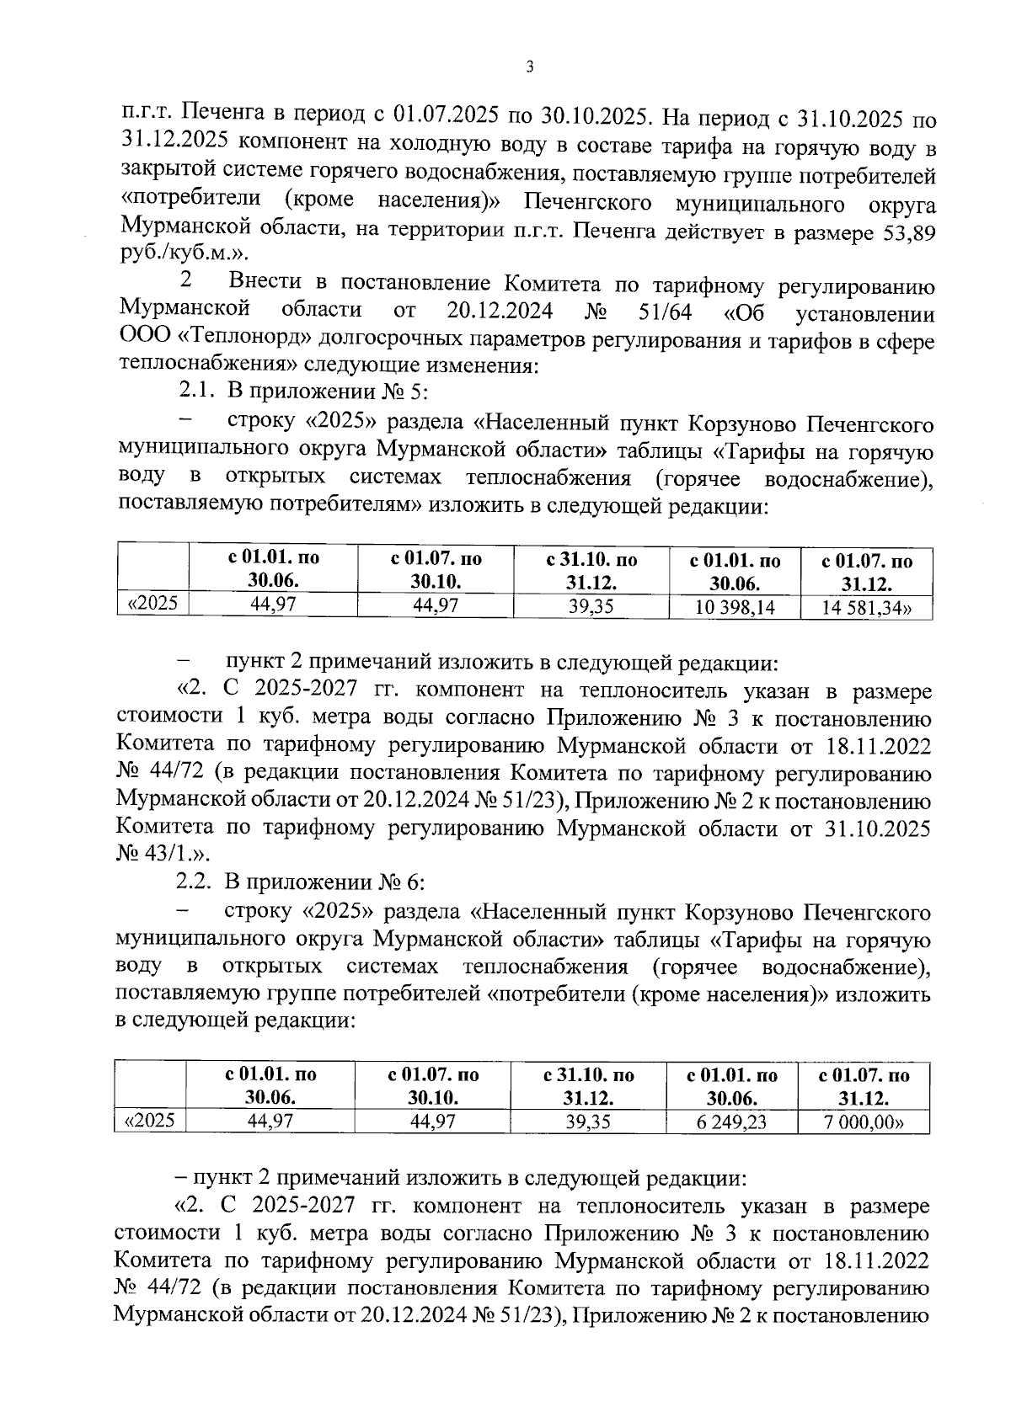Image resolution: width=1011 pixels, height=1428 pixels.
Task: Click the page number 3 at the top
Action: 529,68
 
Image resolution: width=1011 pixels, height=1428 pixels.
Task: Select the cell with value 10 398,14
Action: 735,607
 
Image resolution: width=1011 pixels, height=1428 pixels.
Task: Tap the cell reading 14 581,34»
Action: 867,607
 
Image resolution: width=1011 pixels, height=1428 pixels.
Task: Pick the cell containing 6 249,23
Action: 731,1121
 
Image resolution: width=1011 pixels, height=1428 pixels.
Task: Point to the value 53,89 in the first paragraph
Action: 906,232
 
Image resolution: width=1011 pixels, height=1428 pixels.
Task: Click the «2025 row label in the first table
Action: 152,604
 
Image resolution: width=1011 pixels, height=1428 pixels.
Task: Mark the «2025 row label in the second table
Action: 149,1120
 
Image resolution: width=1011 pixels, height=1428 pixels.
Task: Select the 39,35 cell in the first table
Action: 591,606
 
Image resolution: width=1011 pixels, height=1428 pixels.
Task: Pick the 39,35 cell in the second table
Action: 588,1121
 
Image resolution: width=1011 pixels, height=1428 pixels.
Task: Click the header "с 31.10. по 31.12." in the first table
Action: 591,571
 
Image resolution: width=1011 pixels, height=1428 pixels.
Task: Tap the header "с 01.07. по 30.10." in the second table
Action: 433,1086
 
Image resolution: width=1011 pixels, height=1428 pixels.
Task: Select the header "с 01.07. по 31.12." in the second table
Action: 864,1086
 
